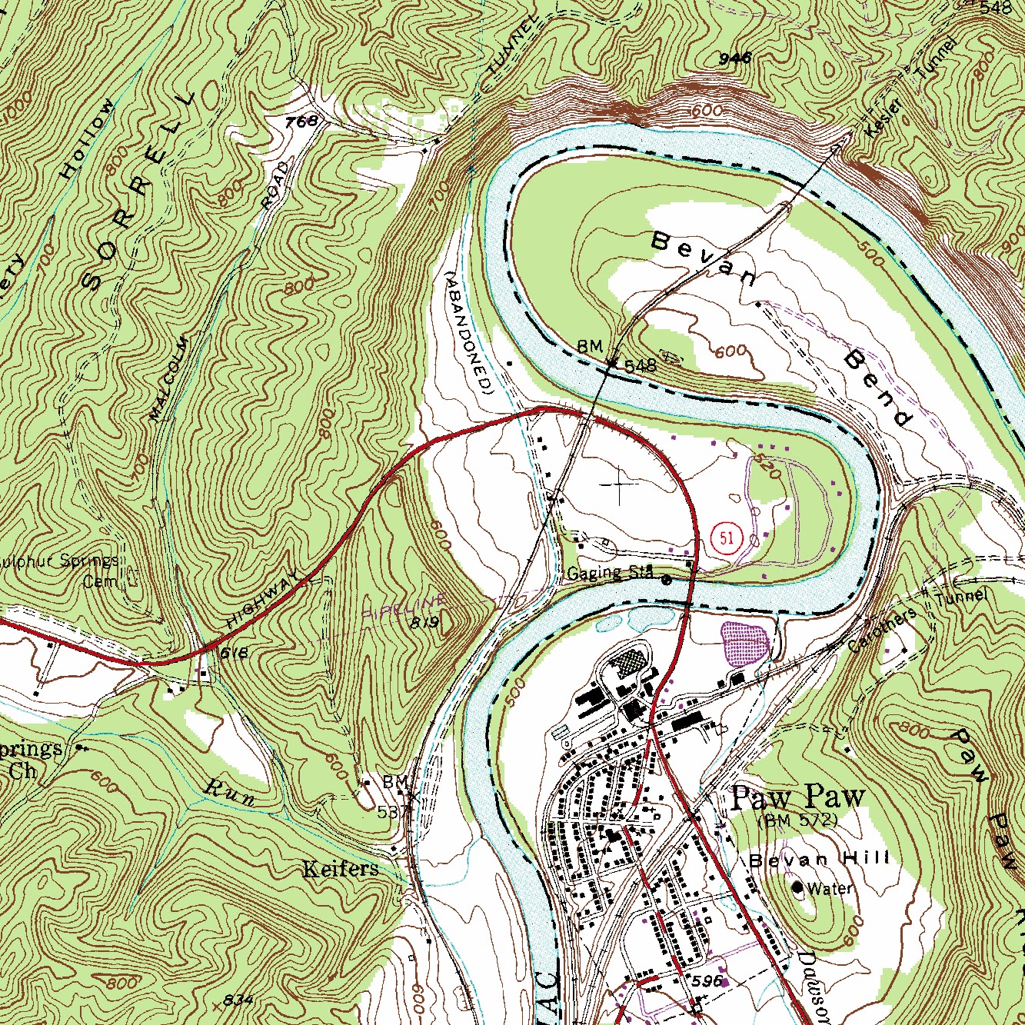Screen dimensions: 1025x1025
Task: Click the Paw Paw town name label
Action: [797, 798]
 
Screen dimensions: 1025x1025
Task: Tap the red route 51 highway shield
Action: [727, 537]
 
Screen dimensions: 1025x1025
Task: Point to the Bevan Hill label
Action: [820, 859]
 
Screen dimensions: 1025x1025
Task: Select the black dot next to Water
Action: [797, 888]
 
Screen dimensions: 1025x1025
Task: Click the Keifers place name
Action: [340, 869]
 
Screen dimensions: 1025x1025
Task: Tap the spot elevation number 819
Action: [424, 622]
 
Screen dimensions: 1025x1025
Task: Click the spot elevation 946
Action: [734, 58]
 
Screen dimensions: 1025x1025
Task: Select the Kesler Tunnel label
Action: [912, 87]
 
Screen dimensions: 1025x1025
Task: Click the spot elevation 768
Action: [301, 122]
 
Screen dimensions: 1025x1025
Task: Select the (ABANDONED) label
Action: [468, 332]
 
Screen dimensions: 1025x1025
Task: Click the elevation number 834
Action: [238, 999]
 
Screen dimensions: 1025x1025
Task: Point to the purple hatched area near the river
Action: [744, 643]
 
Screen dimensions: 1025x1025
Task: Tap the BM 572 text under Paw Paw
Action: [797, 820]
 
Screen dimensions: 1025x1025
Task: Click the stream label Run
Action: [231, 792]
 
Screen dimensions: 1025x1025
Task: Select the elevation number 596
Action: [708, 981]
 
